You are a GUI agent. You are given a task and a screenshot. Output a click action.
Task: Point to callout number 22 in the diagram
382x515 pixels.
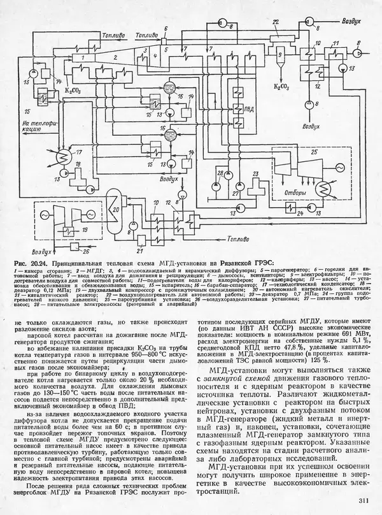coord(275,23)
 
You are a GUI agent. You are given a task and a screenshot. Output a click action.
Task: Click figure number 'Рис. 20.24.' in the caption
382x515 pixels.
coord(33,263)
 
